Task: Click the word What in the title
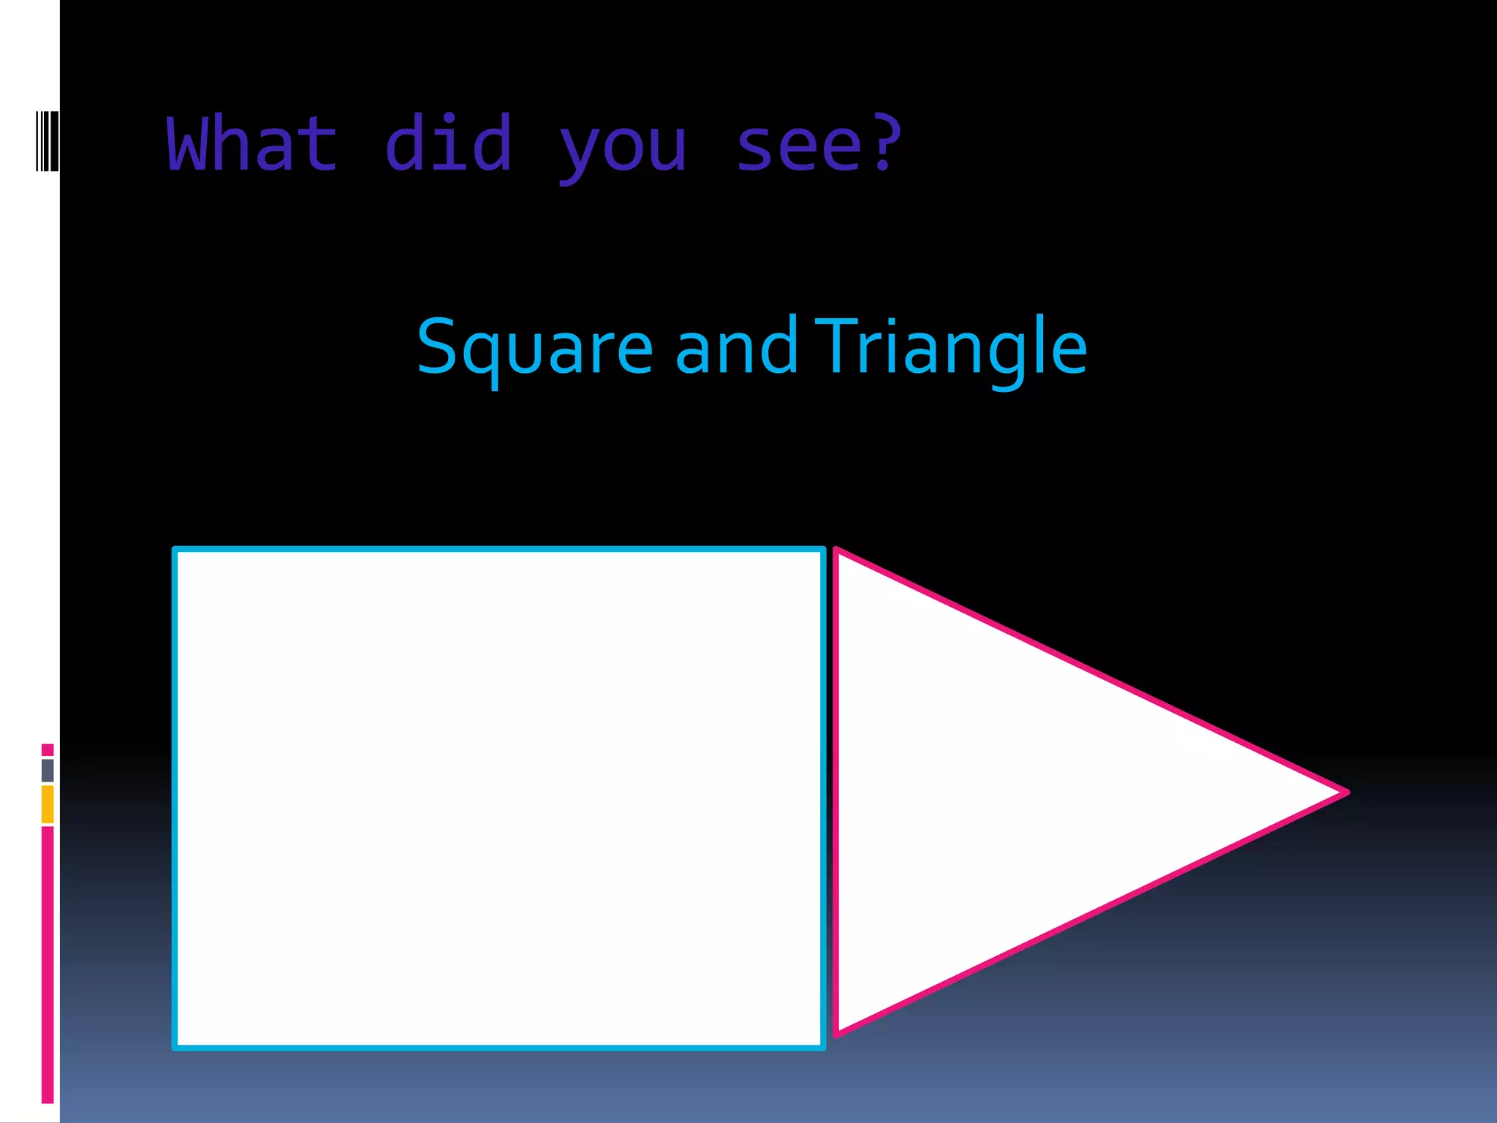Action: (252, 144)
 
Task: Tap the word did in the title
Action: (448, 144)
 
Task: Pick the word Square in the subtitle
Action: (534, 348)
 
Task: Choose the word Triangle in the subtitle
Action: (951, 348)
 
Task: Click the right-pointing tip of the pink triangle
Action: (1346, 792)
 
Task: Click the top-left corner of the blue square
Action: (175, 550)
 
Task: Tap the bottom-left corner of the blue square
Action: (175, 1047)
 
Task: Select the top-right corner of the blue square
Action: (823, 550)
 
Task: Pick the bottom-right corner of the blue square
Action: (823, 1047)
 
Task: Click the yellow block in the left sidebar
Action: (48, 804)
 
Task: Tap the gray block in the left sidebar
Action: (48, 770)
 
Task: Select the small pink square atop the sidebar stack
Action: (48, 749)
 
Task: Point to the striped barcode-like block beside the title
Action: (47, 141)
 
